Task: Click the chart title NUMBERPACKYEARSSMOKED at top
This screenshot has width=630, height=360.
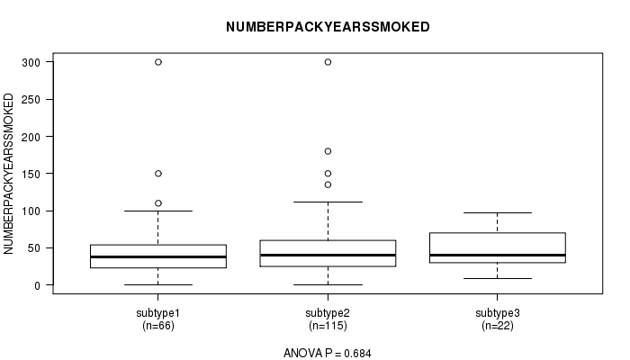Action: pyautogui.click(x=328, y=27)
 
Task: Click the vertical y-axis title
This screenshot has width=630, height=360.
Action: pyautogui.click(x=8, y=174)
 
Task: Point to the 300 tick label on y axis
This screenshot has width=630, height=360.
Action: pyautogui.click(x=31, y=62)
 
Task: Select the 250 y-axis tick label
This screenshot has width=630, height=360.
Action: pyautogui.click(x=31, y=100)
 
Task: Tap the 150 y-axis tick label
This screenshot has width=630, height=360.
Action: pyautogui.click(x=31, y=174)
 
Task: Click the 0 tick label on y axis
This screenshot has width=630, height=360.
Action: pyautogui.click(x=38, y=285)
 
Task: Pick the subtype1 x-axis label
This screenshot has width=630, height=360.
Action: pyautogui.click(x=157, y=313)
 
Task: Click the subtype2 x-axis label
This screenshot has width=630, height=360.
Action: pyautogui.click(x=328, y=313)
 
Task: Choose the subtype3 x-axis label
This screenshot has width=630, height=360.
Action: pyautogui.click(x=498, y=313)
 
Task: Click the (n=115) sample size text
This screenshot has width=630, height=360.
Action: pyautogui.click(x=328, y=326)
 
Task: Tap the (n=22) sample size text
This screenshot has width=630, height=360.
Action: pyautogui.click(x=498, y=326)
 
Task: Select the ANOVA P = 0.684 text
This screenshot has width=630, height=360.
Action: pyautogui.click(x=328, y=353)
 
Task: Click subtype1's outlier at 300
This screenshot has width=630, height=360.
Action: pyautogui.click(x=158, y=62)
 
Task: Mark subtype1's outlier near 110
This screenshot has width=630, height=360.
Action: pyautogui.click(x=158, y=203)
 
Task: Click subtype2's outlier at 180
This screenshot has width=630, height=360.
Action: pyautogui.click(x=328, y=151)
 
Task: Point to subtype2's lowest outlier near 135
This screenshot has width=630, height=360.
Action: pyautogui.click(x=328, y=184)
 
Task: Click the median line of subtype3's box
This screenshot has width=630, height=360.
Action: pyautogui.click(x=498, y=255)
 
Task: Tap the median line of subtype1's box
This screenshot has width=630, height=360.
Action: pyautogui.click(x=158, y=256)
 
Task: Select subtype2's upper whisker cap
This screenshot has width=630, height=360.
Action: pyautogui.click(x=328, y=202)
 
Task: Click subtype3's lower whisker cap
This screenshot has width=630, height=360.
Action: pyautogui.click(x=498, y=278)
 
